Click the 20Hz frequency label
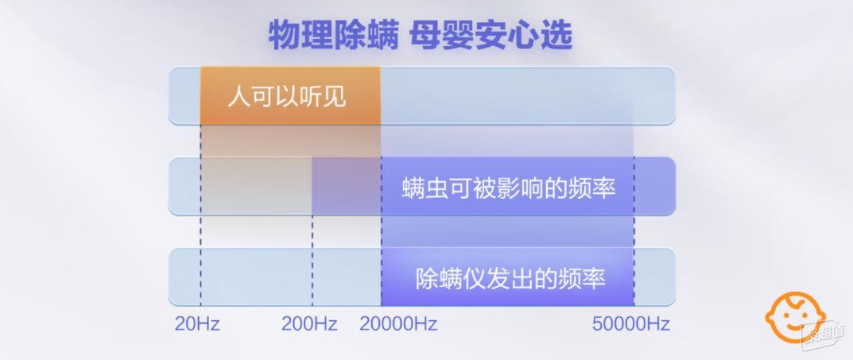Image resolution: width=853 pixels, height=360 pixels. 197,324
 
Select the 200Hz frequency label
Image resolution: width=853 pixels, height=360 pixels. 309,324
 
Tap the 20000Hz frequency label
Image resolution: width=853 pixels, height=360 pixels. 398,324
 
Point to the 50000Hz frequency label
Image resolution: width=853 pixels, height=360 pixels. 631,324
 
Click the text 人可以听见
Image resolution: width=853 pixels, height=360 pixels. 287,97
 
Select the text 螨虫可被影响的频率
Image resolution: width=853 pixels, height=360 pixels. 510,188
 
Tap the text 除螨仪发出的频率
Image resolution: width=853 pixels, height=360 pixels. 510,279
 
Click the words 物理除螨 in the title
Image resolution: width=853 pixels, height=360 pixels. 333,36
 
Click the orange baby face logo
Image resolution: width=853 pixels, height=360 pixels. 794,317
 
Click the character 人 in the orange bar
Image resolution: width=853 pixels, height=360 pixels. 238,97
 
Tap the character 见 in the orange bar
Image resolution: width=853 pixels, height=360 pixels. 335,97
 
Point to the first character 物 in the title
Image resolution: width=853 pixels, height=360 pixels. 285,36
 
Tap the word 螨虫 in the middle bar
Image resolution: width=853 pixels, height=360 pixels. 425,188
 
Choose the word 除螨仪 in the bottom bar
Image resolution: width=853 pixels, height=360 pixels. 451,279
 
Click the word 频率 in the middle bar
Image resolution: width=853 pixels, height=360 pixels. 593,188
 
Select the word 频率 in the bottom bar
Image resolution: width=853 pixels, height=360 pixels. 583,279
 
